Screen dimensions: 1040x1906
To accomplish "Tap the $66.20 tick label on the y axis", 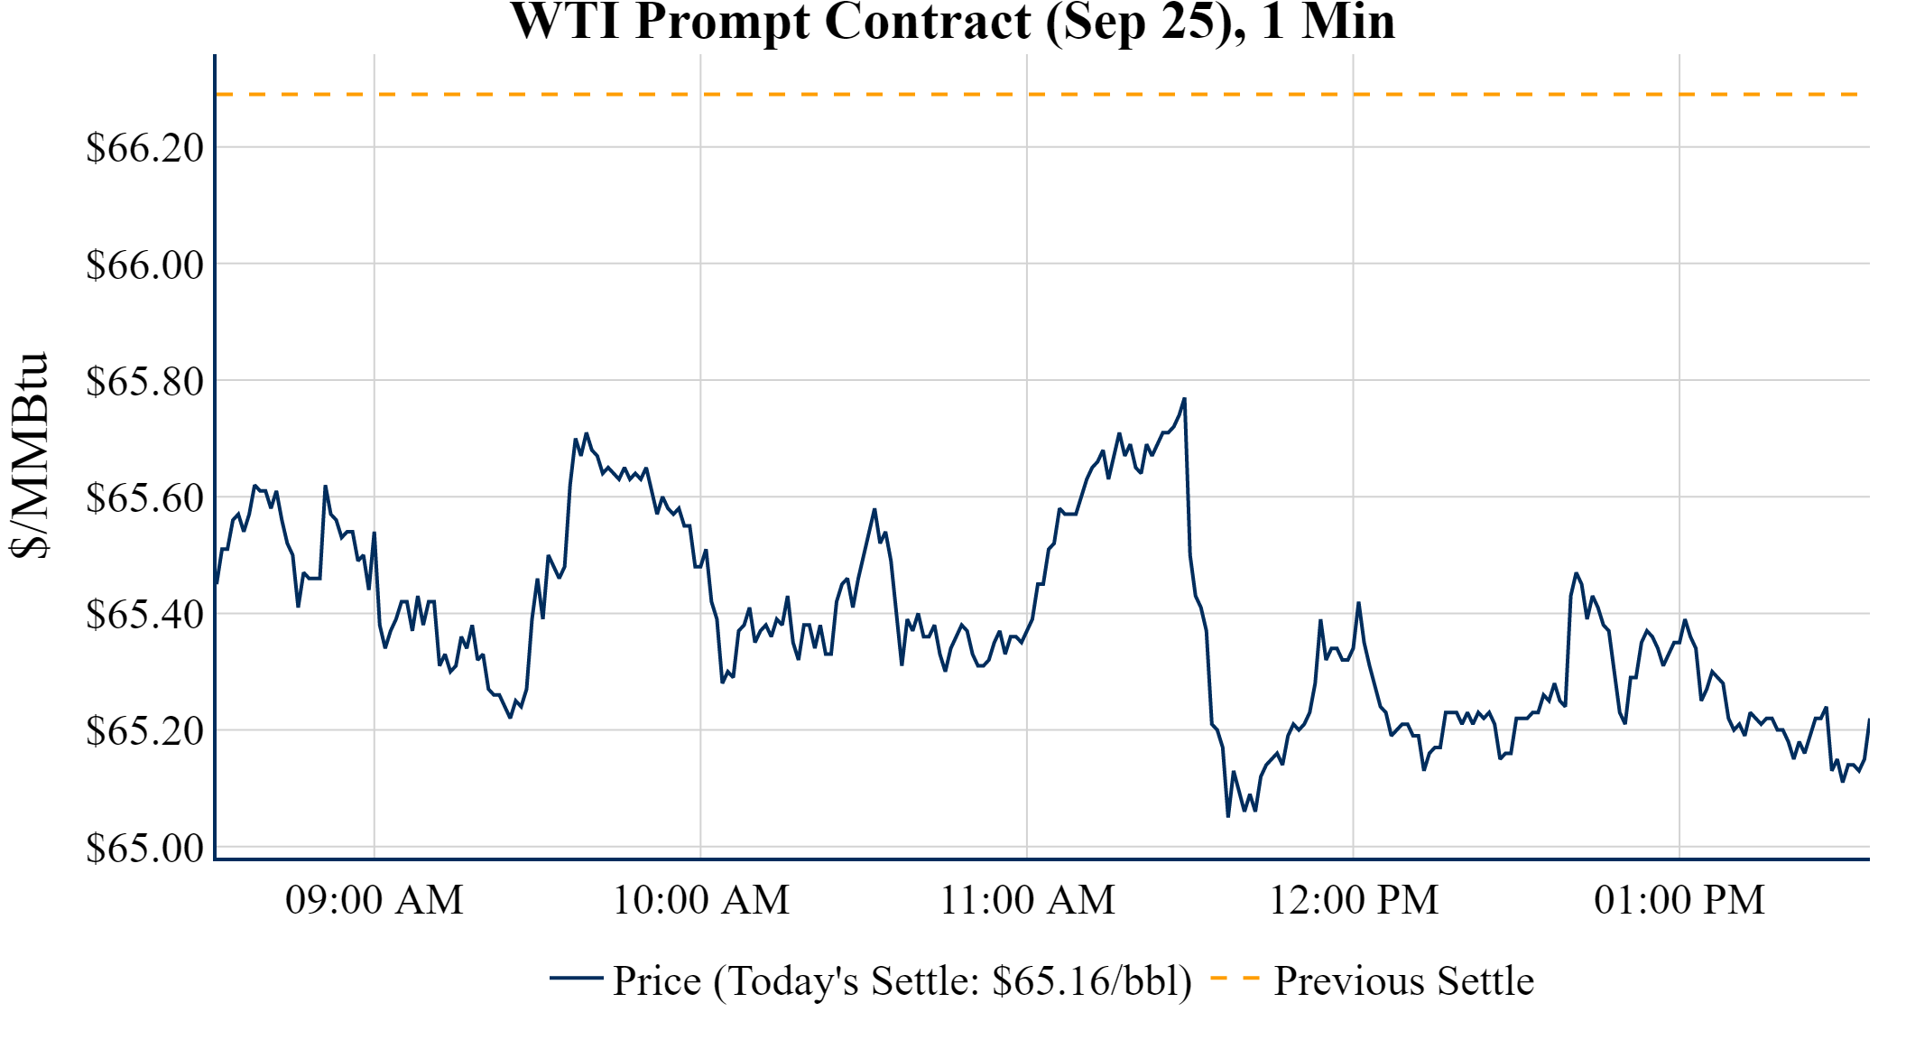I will tap(145, 148).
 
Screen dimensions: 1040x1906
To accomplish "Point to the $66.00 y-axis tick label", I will tap(145, 265).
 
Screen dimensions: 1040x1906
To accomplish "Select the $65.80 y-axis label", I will tap(145, 382).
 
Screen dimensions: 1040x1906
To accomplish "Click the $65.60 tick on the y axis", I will tap(145, 498).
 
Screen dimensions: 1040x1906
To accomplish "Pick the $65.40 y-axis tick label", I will tap(145, 615).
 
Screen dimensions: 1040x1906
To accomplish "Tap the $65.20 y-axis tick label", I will tap(145, 731).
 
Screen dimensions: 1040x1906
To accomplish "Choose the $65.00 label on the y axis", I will tap(145, 849).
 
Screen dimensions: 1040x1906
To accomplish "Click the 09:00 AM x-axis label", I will tap(375, 900).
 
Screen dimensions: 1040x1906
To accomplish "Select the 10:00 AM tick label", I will tap(701, 900).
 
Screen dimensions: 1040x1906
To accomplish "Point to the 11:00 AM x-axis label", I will tap(1028, 900).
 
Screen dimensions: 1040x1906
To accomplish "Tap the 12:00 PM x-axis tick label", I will tap(1354, 900).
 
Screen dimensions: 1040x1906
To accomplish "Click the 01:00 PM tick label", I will tap(1679, 900).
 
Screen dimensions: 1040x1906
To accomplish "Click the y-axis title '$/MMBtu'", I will tap(29, 456).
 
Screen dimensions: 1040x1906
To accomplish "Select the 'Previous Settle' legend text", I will tap(1403, 981).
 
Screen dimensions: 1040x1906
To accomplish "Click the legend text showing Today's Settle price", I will tap(902, 981).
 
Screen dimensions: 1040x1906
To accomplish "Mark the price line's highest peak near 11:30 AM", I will tap(1184, 399).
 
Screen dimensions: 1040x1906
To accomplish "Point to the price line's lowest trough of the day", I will tap(1228, 815).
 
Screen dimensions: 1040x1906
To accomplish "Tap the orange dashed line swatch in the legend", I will tap(1235, 979).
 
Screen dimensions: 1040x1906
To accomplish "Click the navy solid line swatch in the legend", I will tap(576, 979).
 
